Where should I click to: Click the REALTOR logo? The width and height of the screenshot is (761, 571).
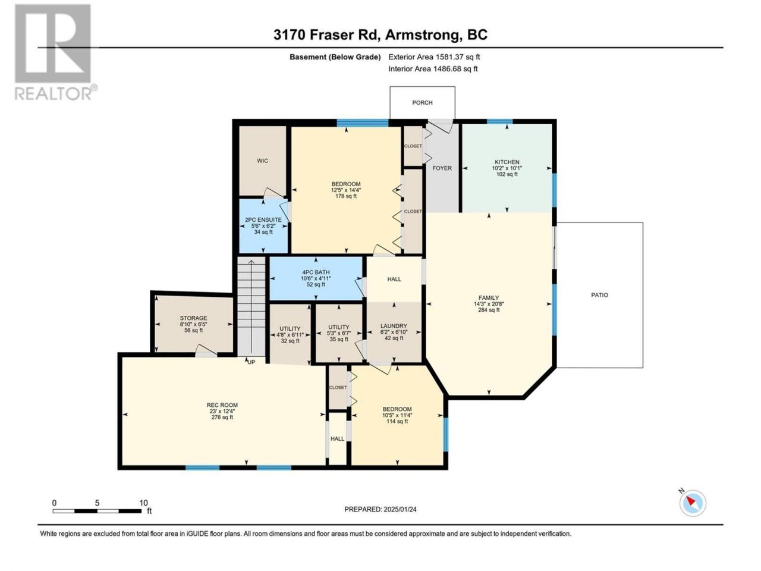point(55,52)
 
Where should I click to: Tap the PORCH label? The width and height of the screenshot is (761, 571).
point(422,103)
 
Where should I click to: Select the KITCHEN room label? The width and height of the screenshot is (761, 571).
point(507,162)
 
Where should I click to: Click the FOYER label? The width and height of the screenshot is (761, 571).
point(442,168)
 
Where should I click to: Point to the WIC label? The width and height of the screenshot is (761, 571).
point(262,161)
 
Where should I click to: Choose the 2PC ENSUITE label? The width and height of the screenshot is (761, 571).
point(263,220)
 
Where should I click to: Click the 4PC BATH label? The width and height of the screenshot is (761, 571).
point(316,272)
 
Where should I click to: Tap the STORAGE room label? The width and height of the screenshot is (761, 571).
point(193,318)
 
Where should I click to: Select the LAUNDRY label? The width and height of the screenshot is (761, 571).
point(394,326)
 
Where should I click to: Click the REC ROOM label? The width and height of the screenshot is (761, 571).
point(222,405)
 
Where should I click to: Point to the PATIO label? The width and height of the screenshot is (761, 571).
point(599,295)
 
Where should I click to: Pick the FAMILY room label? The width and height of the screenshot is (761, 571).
point(489,298)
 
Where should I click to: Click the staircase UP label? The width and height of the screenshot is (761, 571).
point(251,362)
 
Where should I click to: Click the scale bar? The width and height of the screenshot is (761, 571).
point(97,511)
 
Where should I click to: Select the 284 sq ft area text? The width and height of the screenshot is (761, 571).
point(489,310)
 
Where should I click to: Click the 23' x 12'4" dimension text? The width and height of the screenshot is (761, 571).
point(222,411)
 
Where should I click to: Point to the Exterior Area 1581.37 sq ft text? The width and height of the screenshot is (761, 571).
point(434,57)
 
